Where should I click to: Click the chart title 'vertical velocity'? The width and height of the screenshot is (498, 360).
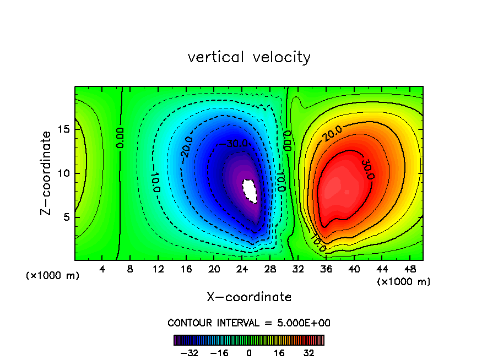(249, 57)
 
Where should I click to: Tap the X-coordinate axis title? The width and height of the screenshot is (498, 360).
(249, 297)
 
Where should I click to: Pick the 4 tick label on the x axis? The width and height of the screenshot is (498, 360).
(102, 269)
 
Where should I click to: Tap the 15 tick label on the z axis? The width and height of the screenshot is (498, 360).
(64, 129)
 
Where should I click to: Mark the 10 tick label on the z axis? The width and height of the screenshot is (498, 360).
(64, 173)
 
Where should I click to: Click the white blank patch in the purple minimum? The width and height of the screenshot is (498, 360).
(250, 190)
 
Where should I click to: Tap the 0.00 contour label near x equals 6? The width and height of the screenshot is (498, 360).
(120, 138)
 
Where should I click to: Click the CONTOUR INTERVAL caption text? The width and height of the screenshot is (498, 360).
(249, 323)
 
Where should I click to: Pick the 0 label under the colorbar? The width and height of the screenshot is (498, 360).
(249, 353)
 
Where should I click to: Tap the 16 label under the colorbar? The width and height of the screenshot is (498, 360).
(279, 353)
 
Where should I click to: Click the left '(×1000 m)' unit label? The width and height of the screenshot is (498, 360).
(53, 276)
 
